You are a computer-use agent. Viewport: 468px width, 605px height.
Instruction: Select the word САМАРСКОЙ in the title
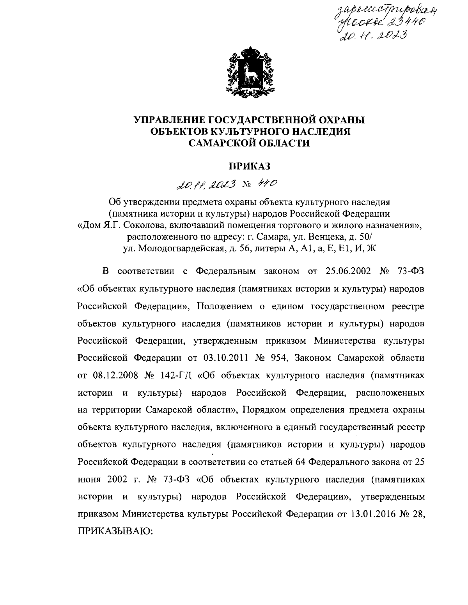coord(220,144)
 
